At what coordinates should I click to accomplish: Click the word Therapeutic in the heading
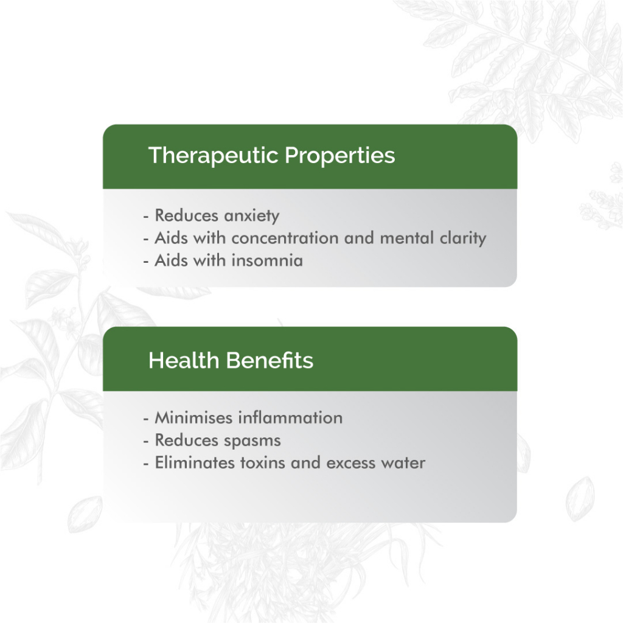[213, 155]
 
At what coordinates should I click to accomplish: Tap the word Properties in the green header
[340, 155]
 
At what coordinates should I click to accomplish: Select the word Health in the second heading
[184, 360]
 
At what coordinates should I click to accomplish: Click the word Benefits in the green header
[270, 360]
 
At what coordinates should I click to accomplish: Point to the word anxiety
[251, 216]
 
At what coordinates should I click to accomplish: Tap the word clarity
[463, 238]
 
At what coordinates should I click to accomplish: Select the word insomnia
[267, 260]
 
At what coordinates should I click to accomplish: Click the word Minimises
[193, 418]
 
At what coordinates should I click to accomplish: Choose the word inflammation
[290, 418]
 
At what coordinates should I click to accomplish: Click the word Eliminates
[195, 463]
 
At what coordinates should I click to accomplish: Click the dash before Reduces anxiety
[146, 217]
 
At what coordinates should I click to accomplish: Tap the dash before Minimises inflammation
[146, 419]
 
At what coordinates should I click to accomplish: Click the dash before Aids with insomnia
[146, 262]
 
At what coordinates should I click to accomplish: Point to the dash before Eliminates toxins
[146, 464]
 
